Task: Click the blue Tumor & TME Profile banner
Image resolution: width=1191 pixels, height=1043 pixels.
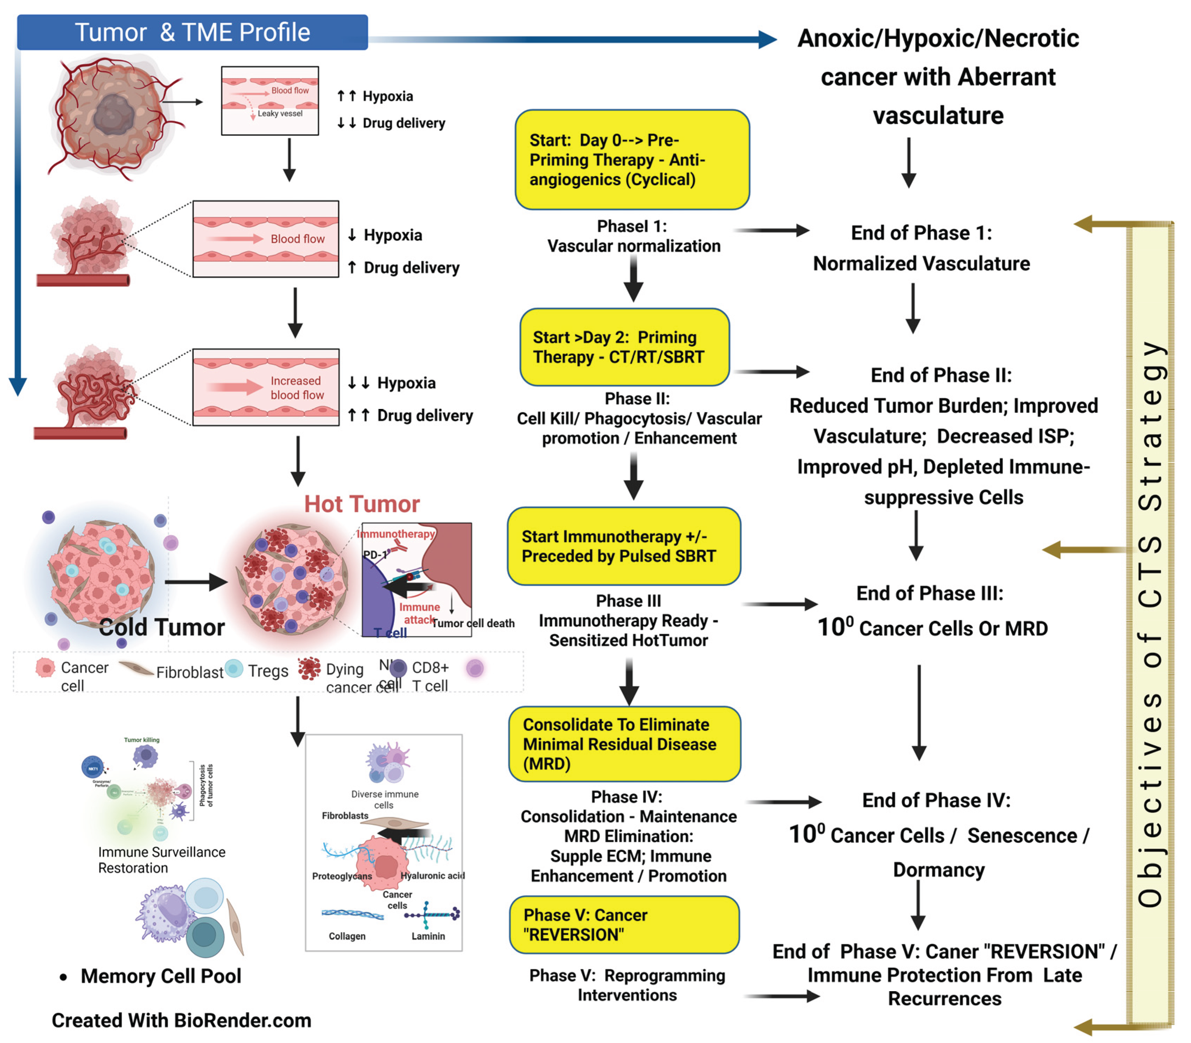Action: [192, 33]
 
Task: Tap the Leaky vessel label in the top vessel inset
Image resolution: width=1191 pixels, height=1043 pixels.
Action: [280, 113]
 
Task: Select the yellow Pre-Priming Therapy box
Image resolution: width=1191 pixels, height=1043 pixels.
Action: [632, 159]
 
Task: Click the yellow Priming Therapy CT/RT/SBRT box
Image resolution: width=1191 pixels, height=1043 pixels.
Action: [624, 347]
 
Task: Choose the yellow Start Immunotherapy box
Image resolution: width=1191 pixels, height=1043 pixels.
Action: [624, 546]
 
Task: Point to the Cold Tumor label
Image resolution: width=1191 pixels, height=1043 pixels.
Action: [162, 627]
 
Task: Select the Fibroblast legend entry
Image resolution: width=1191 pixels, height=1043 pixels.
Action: [189, 672]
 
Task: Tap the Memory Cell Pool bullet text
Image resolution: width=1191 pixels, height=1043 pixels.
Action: [161, 975]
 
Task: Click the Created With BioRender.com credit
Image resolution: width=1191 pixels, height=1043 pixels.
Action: [182, 1020]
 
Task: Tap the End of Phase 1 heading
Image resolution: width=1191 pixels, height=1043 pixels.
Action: [921, 233]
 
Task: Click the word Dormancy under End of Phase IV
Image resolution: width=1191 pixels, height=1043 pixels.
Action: [939, 870]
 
